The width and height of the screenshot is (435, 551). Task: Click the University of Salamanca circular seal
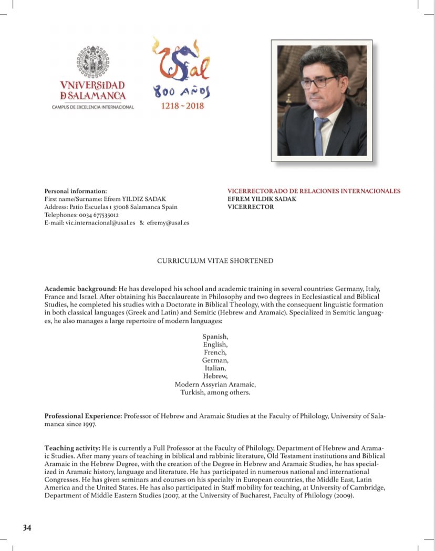tap(93, 62)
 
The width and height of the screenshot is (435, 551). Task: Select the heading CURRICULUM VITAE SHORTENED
tap(215, 261)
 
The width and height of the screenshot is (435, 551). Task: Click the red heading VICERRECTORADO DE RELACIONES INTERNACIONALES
tap(314, 191)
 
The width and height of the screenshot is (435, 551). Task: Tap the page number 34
tap(27, 527)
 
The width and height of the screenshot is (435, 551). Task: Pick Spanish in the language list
tap(215, 336)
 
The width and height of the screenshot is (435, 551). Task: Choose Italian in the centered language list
tap(215, 368)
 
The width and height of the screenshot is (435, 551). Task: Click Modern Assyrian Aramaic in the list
tap(215, 384)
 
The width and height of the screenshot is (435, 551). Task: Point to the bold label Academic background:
tap(80, 289)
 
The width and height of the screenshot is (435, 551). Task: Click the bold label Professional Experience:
tap(84, 416)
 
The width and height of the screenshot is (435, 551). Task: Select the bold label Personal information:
tap(76, 191)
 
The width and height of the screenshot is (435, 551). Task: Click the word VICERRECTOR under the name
tap(251, 207)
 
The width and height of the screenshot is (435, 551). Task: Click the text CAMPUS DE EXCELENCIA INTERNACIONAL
tap(93, 107)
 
